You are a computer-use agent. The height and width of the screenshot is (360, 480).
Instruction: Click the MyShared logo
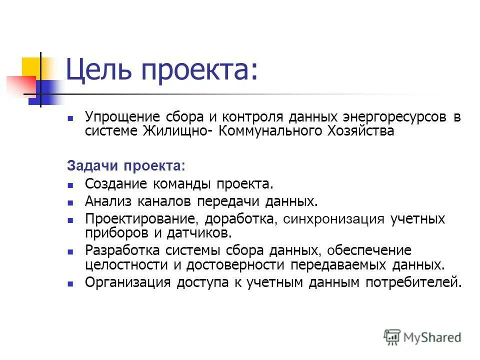coord(422,336)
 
